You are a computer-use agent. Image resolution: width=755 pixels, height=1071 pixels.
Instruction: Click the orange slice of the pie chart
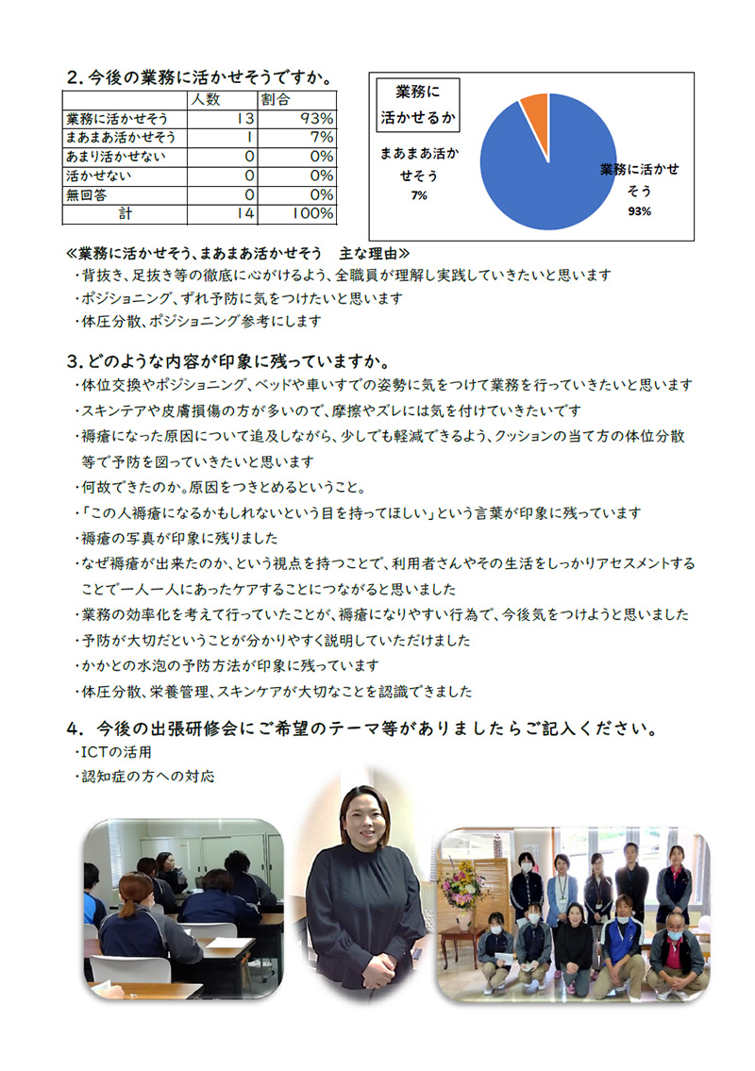[535, 111]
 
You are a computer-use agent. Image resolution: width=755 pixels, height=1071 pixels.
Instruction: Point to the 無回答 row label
[86, 194]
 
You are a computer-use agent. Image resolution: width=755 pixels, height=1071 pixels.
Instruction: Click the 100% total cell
[311, 214]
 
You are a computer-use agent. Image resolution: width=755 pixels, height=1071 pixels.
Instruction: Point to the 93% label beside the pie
[639, 211]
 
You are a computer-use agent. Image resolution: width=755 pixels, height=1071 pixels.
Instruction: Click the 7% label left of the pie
[418, 195]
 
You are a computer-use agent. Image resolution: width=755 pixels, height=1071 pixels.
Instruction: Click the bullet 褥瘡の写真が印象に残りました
[179, 539]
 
